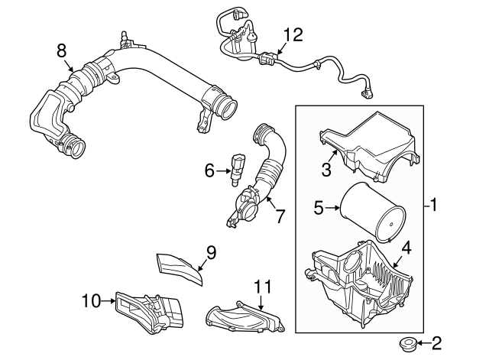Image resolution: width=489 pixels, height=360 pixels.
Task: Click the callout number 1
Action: click(433, 205)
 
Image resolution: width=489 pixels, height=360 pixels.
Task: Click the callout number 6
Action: click(209, 170)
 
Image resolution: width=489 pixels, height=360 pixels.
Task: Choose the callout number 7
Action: click(280, 216)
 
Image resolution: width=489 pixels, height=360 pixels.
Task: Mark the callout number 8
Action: click(62, 50)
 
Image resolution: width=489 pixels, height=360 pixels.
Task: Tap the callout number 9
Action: click(212, 251)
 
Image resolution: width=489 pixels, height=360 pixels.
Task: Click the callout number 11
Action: click(263, 287)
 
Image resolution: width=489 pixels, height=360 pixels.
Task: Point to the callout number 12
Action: click(293, 34)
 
